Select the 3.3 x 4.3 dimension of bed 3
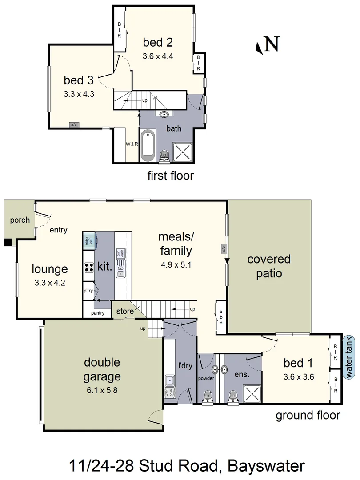pyautogui.click(x=79, y=94)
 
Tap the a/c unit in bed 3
pyautogui.click(x=74, y=125)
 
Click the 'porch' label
pyautogui.click(x=20, y=220)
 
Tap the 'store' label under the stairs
pyautogui.click(x=125, y=312)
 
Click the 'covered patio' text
pyautogui.click(x=268, y=266)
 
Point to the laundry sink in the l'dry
pyautogui.click(x=170, y=381)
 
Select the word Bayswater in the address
pyautogui.click(x=266, y=466)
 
